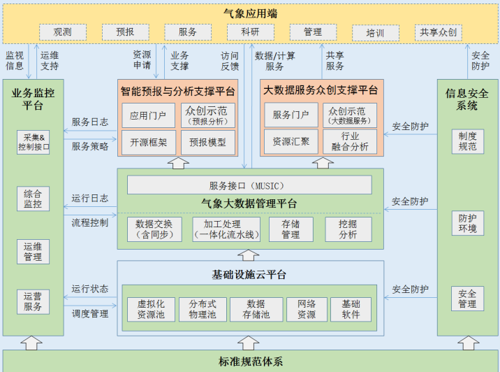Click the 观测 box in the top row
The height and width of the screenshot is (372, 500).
coord(63,32)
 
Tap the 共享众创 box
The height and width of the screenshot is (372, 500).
coord(437,32)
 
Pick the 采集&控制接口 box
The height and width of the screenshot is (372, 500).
coord(34,142)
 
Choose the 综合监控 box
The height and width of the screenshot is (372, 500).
coord(34,199)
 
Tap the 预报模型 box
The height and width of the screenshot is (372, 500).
coord(208,142)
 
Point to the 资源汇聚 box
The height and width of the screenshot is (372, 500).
coord(291,142)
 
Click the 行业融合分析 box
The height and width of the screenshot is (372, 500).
coord(350,141)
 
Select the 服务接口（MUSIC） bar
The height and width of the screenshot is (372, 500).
coord(249,185)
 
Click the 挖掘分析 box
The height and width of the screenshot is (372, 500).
coord(348,229)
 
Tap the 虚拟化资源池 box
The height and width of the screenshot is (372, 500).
coord(151,309)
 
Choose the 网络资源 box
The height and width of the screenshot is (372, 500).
coord(307,309)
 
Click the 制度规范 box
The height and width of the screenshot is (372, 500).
coord(467,141)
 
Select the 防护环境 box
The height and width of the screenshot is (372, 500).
coord(467,223)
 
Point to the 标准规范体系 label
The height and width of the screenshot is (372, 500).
coord(250,362)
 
